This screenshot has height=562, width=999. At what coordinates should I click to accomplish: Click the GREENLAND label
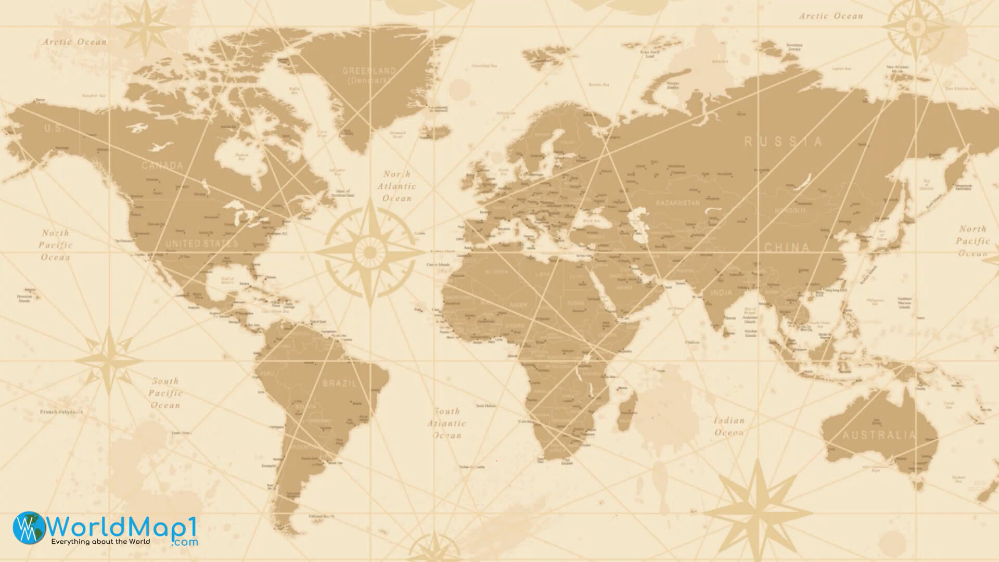[x=369, y=71]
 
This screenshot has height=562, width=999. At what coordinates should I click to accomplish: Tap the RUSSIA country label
[x=784, y=142]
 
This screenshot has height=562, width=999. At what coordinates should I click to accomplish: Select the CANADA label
[x=162, y=166]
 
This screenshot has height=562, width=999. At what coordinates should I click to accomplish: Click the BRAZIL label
[x=340, y=384]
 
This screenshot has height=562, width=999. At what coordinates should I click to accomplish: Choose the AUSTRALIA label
[x=879, y=435]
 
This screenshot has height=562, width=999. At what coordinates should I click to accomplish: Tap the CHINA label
[x=787, y=247]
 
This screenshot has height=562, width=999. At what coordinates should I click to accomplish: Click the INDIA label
[x=721, y=292]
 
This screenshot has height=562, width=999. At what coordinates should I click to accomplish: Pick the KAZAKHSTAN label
[x=678, y=202]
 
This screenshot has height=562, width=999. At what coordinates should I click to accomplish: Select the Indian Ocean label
[x=729, y=426]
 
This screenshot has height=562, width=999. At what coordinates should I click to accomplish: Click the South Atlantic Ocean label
[x=447, y=423]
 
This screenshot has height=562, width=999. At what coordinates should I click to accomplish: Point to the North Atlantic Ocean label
[x=397, y=186]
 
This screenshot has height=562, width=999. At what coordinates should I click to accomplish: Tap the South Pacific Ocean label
[x=165, y=393]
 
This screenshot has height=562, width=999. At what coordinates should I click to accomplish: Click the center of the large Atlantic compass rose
[x=370, y=252]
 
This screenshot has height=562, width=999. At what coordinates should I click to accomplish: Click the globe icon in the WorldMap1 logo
[x=29, y=528]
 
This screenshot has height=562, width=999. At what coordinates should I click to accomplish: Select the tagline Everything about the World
[x=100, y=542]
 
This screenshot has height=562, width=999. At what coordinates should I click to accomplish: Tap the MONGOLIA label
[x=790, y=211]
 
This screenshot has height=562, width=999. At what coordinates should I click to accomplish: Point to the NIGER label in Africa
[x=518, y=305]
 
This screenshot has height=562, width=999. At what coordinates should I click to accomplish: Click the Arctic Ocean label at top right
[x=831, y=16]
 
